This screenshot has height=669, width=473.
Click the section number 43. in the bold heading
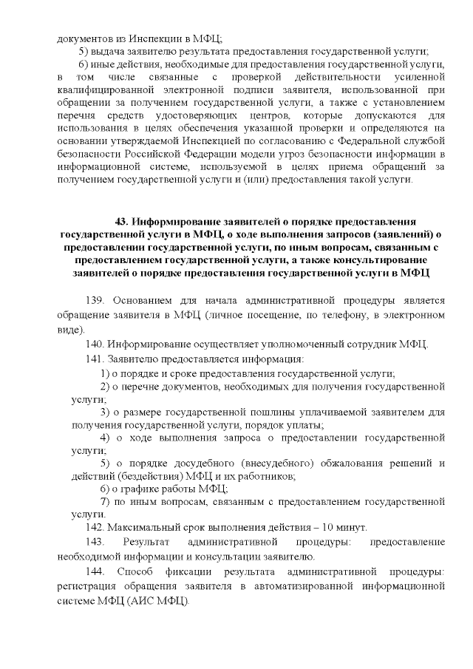click(123, 221)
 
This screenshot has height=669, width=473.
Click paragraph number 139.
click(97, 302)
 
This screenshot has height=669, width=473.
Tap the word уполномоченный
click(269, 344)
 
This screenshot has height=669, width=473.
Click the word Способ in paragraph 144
click(140, 571)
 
